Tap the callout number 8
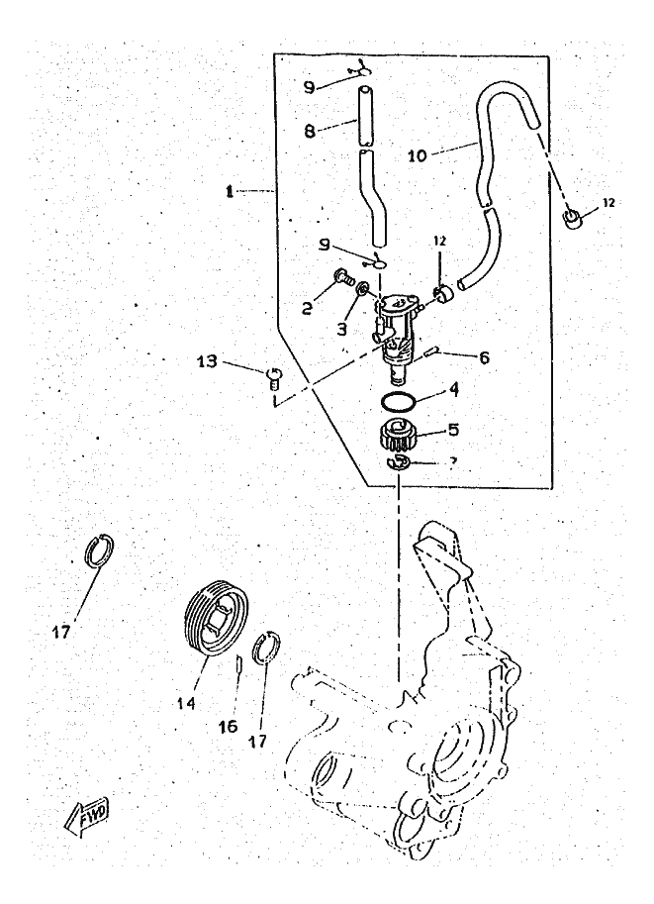pyautogui.click(x=310, y=130)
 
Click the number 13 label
pyautogui.click(x=207, y=362)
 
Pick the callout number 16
pyautogui.click(x=229, y=726)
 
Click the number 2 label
pyautogui.click(x=308, y=308)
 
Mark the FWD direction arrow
pyautogui.click(x=88, y=815)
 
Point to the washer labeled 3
pyautogui.click(x=363, y=288)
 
